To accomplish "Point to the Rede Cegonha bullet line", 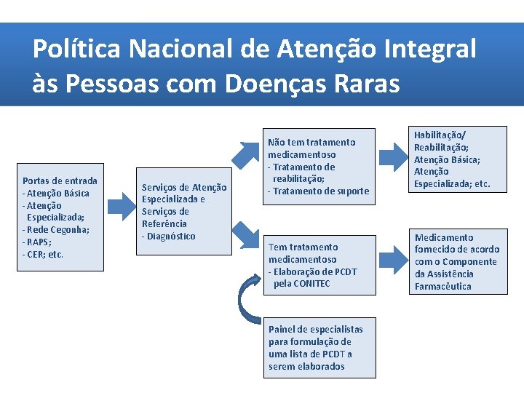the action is click(56, 230).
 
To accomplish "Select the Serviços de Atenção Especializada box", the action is click(184, 212).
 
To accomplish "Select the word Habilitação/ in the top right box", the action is click(440, 135).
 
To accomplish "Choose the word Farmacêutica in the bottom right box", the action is click(443, 286).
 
